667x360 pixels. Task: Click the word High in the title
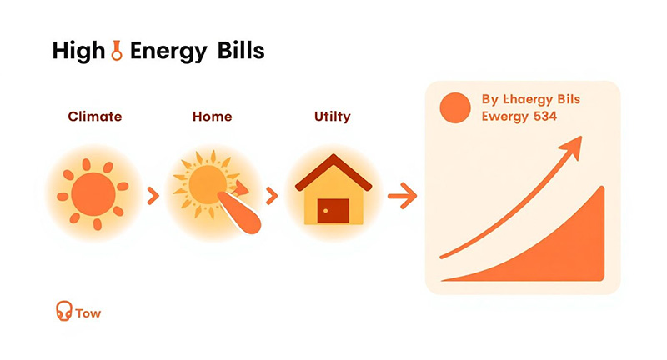(77, 52)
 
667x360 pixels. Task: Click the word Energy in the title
(164, 52)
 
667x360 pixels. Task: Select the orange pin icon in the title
(119, 52)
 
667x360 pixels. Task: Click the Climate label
(94, 117)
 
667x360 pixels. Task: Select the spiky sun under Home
(204, 183)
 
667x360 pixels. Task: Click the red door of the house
(333, 210)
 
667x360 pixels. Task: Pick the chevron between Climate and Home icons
(152, 197)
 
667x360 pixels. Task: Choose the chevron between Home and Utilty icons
(271, 197)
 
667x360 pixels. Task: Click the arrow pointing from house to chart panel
(402, 197)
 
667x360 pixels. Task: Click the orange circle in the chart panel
(455, 109)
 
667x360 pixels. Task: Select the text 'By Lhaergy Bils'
(531, 100)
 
